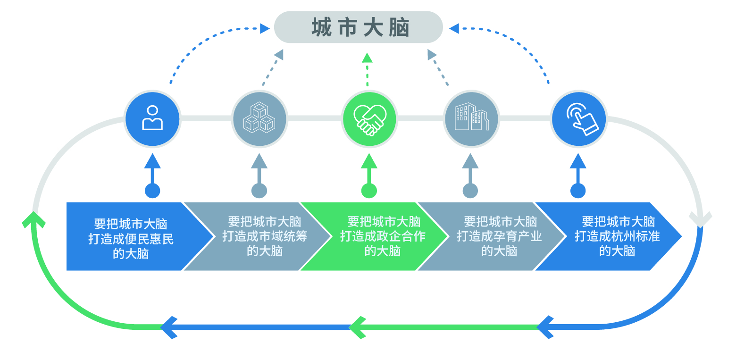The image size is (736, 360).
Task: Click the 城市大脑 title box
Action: click(x=358, y=27)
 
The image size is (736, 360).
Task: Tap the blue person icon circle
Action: click(x=152, y=118)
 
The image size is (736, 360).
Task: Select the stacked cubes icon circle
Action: click(x=259, y=118)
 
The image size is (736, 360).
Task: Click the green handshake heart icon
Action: click(x=369, y=118)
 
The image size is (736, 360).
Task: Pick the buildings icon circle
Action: click(x=471, y=118)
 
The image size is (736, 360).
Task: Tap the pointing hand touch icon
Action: click(x=578, y=118)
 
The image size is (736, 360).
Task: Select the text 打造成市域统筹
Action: click(x=265, y=236)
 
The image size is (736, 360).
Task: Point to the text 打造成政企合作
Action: click(x=383, y=236)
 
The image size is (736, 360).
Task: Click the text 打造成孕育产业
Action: click(x=499, y=236)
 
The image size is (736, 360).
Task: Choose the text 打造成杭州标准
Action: click(x=617, y=236)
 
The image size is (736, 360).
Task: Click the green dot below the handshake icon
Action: click(x=369, y=191)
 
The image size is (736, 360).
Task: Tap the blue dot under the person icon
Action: click(x=152, y=191)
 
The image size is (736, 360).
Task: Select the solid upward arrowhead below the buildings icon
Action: click(x=470, y=161)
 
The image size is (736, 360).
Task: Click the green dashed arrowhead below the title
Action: click(x=367, y=58)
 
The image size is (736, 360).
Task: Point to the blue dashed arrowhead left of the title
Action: click(x=265, y=29)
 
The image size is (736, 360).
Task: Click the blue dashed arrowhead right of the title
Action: click(x=454, y=29)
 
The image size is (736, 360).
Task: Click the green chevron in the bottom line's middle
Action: click(x=357, y=327)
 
